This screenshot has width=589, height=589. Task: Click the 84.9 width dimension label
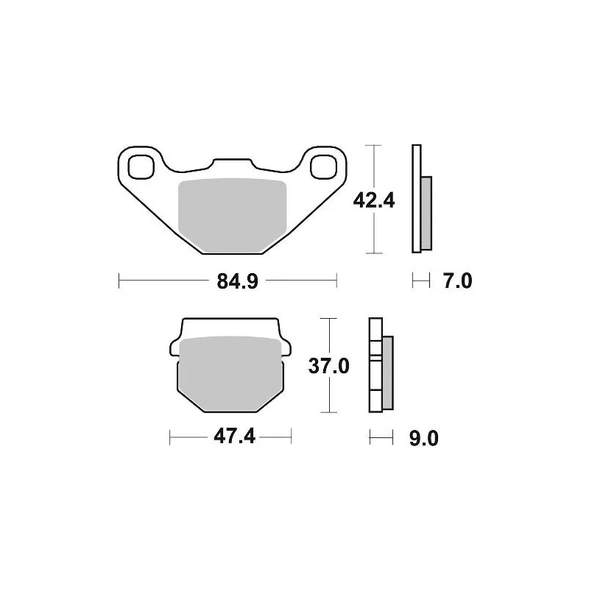tap(237, 281)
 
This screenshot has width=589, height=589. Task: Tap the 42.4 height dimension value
tap(374, 201)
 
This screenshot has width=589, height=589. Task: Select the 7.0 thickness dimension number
tap(457, 281)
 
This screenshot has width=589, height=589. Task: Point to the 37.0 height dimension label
tap(328, 366)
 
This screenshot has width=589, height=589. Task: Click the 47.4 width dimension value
tap(234, 437)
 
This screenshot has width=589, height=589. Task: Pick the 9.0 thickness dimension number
tap(424, 438)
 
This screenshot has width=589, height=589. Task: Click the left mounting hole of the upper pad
tap(141, 167)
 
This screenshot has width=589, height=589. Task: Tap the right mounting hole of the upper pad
tap(324, 167)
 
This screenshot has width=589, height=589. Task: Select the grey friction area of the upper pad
tap(232, 215)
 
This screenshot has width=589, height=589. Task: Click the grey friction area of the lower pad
tap(230, 373)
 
